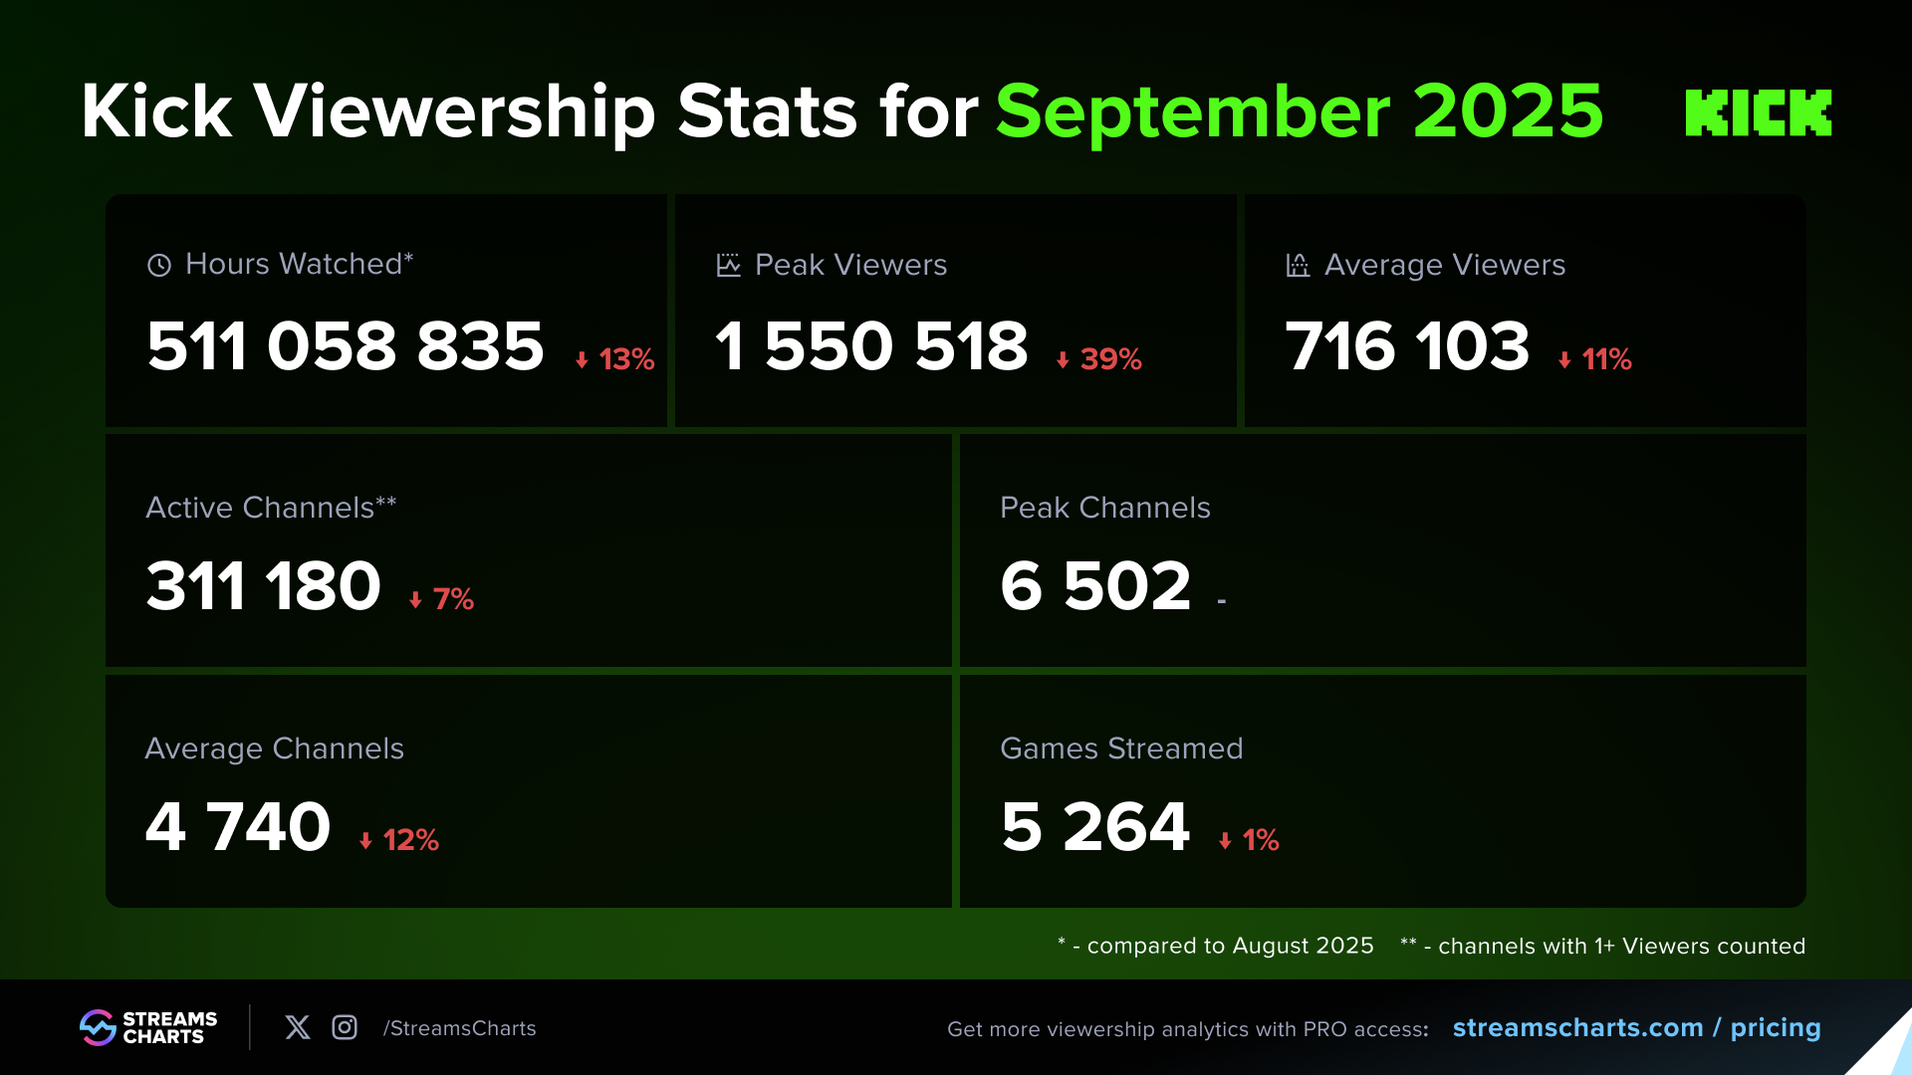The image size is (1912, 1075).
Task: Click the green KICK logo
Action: pyautogui.click(x=1758, y=112)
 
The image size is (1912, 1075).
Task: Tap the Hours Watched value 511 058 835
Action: pyautogui.click(x=346, y=346)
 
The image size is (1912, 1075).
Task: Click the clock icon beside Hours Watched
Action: pyautogui.click(x=159, y=265)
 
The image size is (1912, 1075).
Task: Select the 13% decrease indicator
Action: pyautogui.click(x=615, y=359)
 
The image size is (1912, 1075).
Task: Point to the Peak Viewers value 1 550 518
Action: pyautogui.click(x=871, y=346)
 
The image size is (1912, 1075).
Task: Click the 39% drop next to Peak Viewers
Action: pyautogui.click(x=1099, y=359)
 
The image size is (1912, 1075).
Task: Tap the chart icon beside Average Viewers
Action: pyautogui.click(x=1298, y=265)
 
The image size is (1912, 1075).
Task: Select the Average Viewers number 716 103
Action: pyautogui.click(x=1407, y=346)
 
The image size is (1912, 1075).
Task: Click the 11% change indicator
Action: pyautogui.click(x=1595, y=359)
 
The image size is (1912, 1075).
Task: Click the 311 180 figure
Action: pyautogui.click(x=264, y=586)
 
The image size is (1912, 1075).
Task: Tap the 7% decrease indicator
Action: pyautogui.click(x=441, y=599)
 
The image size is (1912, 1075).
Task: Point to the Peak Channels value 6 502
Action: pyautogui.click(x=1095, y=586)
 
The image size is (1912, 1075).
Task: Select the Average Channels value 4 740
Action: pyautogui.click(x=238, y=827)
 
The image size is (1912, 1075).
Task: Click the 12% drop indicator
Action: pyautogui.click(x=399, y=840)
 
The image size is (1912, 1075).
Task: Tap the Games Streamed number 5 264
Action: pyautogui.click(x=1095, y=827)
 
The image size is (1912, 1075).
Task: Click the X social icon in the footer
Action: pyautogui.click(x=298, y=1027)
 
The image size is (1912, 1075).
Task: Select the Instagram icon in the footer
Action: pyautogui.click(x=345, y=1027)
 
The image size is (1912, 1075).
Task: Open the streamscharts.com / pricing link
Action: pyautogui.click(x=1636, y=1027)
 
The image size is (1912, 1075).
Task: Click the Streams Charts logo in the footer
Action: pyautogui.click(x=148, y=1027)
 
